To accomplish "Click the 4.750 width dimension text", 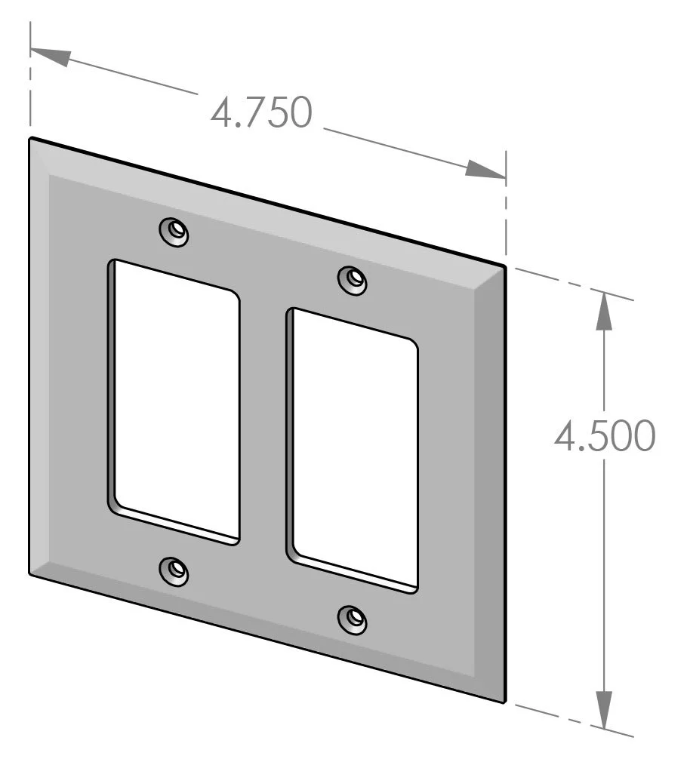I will [x=261, y=113].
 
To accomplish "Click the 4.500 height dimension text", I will [x=603, y=436].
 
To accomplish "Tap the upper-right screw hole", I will [x=353, y=280].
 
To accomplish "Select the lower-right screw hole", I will [x=353, y=619].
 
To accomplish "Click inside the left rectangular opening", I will [x=176, y=400].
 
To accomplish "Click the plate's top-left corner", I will [x=31, y=139].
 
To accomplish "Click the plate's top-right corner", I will [x=504, y=266].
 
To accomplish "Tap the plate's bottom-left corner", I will [x=30, y=574].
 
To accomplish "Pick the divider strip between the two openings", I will [x=263, y=423].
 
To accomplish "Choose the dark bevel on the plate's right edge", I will [x=495, y=483].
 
